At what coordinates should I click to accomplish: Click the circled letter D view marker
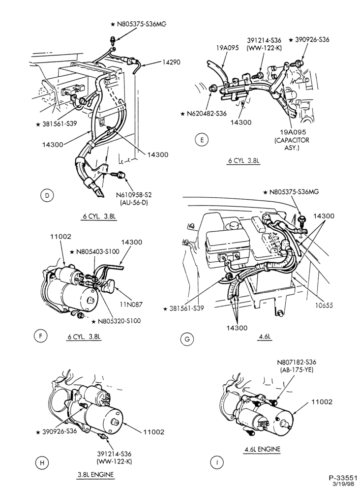coord(47,196)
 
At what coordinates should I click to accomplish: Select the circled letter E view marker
coord(202,140)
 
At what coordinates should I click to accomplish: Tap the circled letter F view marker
coord(40,336)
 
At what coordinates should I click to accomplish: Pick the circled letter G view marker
coord(187,339)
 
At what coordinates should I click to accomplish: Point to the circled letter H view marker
coord(42,462)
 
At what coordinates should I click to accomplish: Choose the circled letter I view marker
coord(217,462)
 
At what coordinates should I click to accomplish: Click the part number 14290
coord(171,62)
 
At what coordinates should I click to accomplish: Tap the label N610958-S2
coord(134,195)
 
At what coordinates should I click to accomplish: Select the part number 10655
coord(324,305)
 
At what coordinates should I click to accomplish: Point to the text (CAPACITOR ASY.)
coord(292,144)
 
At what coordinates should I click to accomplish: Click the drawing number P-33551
coord(343,478)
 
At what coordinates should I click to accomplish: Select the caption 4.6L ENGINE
coord(262,449)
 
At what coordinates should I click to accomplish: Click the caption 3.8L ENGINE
coord(95,475)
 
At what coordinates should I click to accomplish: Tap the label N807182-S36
coord(296,362)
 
